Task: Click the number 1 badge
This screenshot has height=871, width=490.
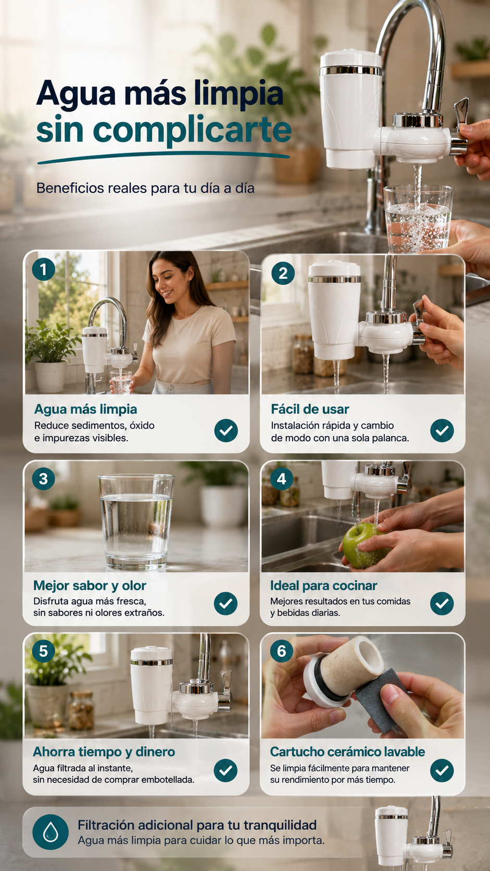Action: tap(44, 269)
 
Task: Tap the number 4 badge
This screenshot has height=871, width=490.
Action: tap(281, 479)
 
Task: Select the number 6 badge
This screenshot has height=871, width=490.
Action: tap(281, 651)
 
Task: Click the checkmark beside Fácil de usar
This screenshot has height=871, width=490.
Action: tap(442, 430)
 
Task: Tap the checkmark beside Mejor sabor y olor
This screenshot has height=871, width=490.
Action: tap(226, 603)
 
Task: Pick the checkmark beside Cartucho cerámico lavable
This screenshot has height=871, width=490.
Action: tap(442, 770)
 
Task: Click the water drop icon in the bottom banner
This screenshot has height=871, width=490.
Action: tap(51, 832)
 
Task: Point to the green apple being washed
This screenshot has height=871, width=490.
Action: tap(365, 545)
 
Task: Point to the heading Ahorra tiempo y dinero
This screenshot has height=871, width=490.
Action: tap(104, 752)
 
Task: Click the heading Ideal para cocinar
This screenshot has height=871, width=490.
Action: tap(323, 586)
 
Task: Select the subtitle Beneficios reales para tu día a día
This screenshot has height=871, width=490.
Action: tap(145, 188)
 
